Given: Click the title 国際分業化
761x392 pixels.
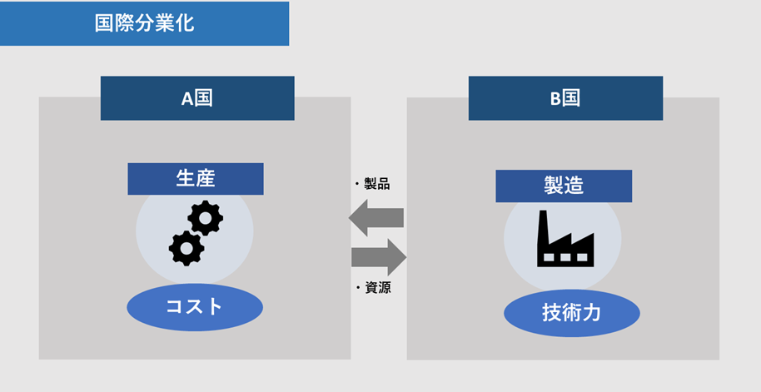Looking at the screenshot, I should [x=144, y=23].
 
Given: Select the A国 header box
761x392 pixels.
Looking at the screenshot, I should [x=197, y=98].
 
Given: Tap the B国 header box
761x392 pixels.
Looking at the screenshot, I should [x=565, y=98].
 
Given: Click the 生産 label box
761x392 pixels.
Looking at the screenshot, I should [x=196, y=179].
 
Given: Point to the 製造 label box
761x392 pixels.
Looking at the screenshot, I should [x=564, y=186].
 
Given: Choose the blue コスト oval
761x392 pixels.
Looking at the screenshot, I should [x=195, y=307].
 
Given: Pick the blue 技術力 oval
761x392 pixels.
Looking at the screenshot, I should [x=571, y=314].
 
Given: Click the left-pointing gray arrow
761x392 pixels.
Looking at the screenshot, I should [x=376, y=218].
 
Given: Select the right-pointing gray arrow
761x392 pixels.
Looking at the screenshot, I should [x=379, y=256].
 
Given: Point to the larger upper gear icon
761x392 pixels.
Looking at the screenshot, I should [x=205, y=218].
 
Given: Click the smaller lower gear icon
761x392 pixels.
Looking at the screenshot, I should [x=186, y=247].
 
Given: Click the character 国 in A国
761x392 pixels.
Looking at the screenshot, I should [x=204, y=98].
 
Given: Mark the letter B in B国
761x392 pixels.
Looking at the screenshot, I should [x=555, y=98].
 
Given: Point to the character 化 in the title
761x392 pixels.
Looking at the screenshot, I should [x=184, y=23].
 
